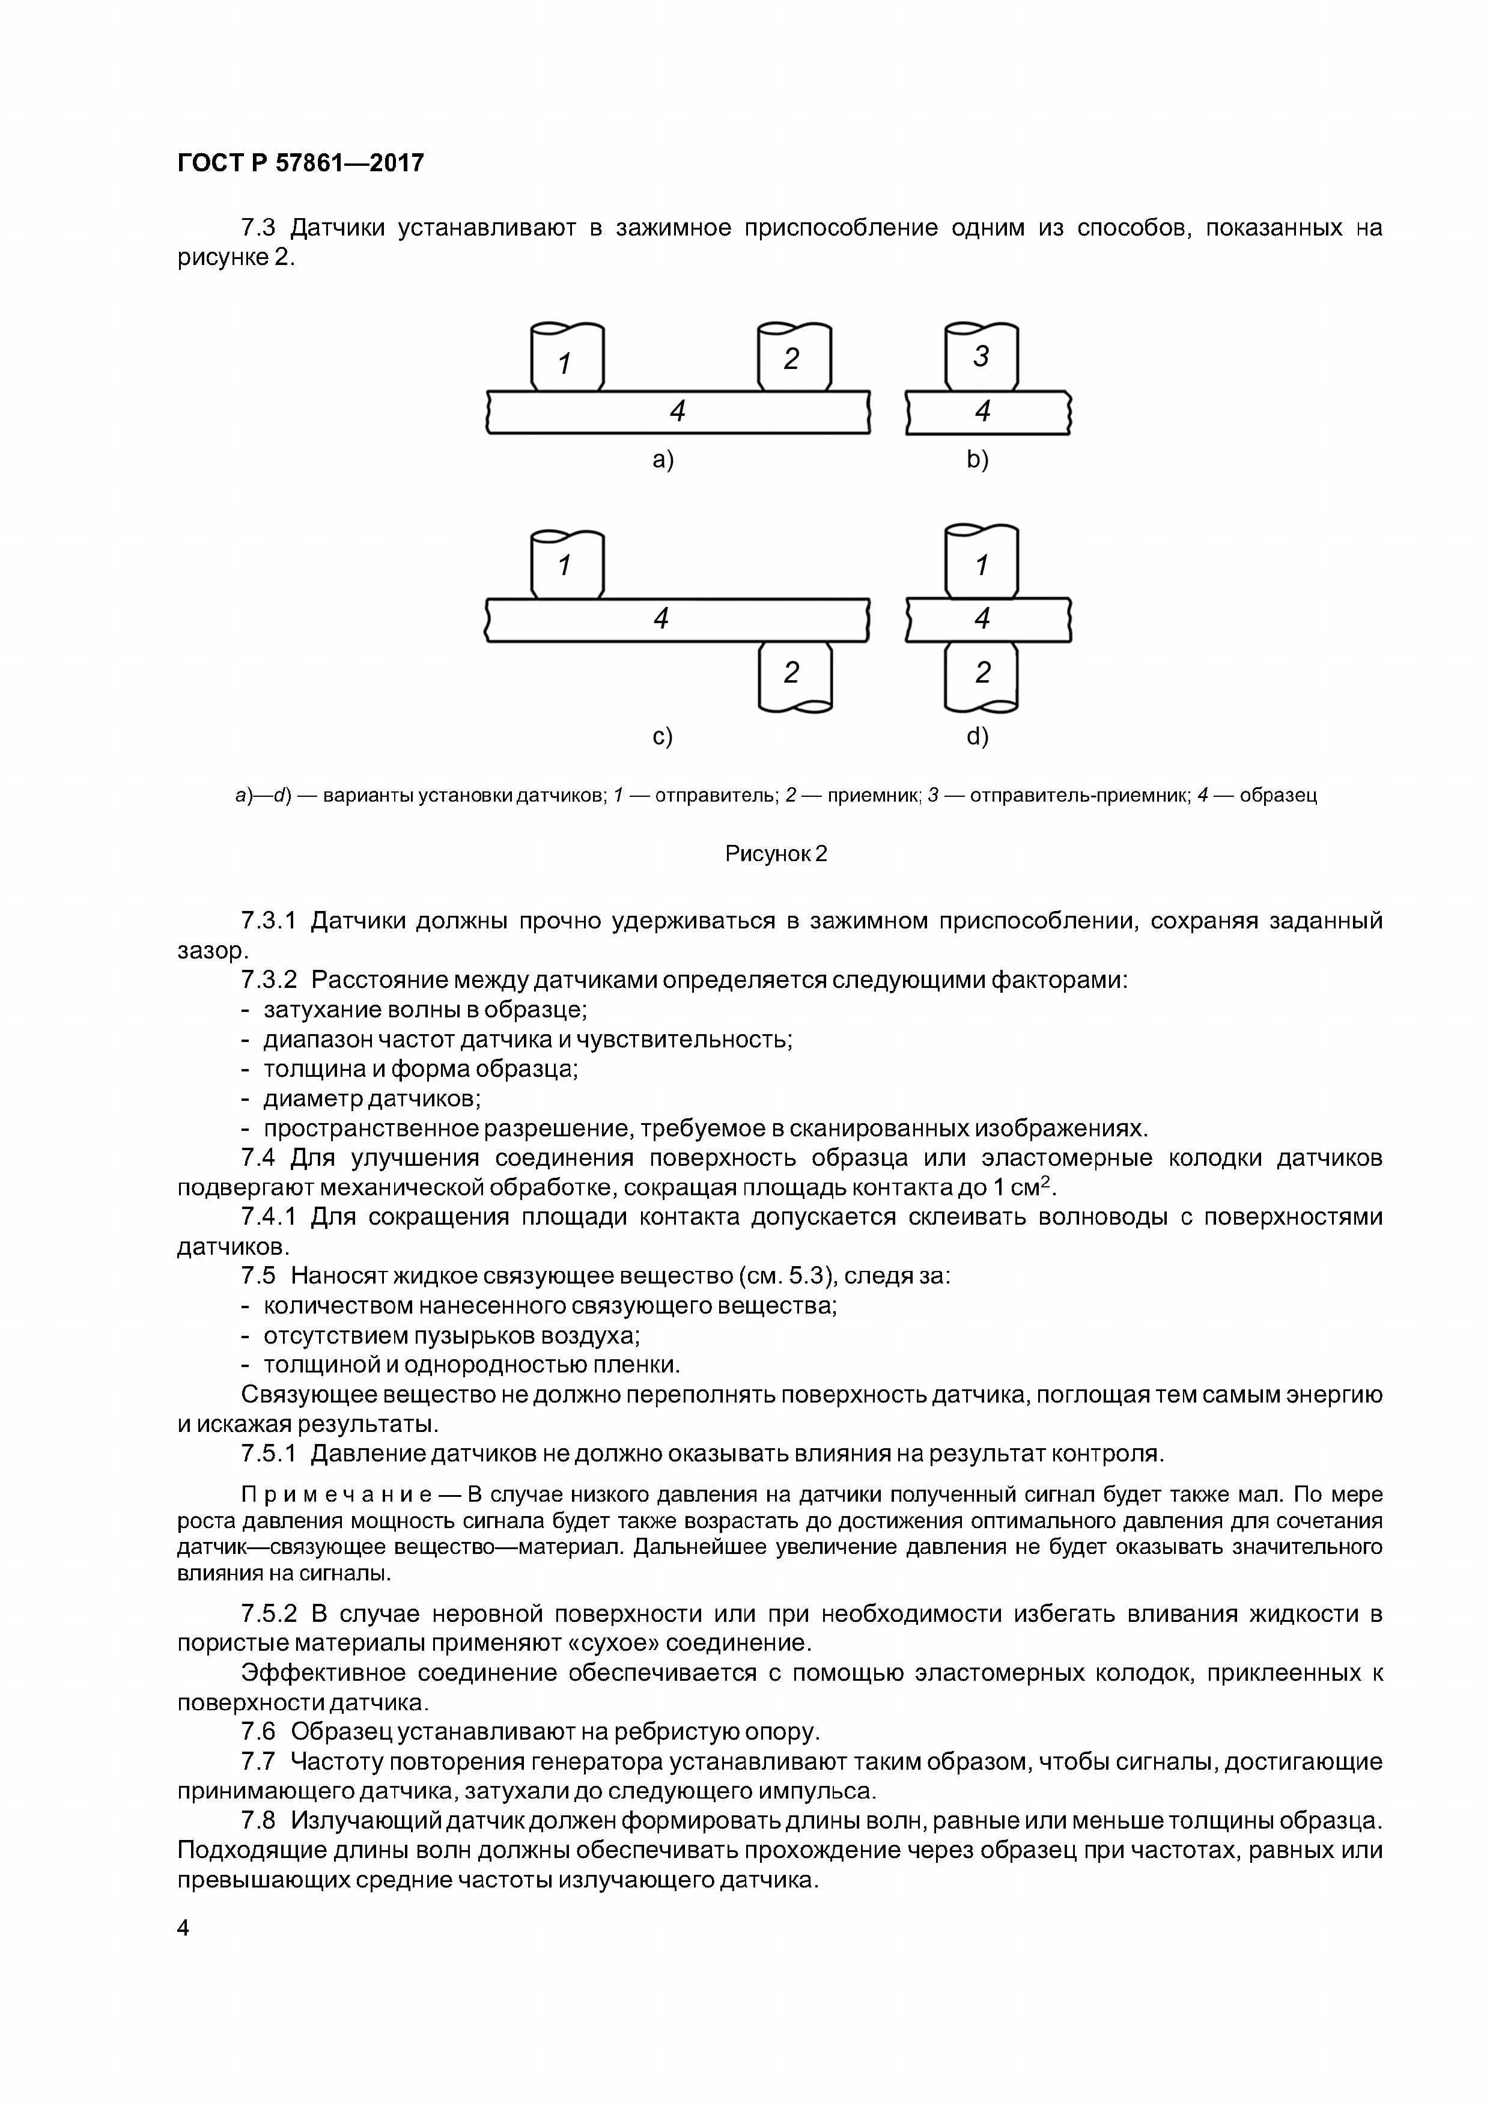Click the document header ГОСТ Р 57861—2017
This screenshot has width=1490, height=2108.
[300, 163]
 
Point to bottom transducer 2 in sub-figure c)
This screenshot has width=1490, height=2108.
[793, 674]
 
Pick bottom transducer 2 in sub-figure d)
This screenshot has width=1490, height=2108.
[981, 674]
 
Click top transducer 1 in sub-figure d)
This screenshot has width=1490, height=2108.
[981, 563]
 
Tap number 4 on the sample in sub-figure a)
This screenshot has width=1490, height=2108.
[678, 411]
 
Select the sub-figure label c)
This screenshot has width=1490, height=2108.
[662, 736]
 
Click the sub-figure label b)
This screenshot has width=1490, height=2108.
[978, 459]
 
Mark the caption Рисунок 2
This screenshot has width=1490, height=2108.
[776, 854]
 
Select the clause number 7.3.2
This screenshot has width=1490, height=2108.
[269, 979]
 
